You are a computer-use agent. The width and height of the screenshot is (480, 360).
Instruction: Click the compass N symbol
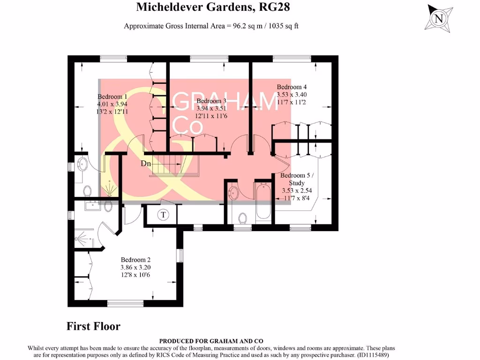(439, 19)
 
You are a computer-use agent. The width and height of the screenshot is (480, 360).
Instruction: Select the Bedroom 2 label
(135, 260)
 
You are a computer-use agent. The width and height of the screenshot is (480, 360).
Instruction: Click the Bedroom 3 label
(211, 101)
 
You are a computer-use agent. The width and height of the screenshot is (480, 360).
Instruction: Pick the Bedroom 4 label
(292, 87)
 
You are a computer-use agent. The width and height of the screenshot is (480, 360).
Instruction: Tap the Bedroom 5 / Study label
(296, 179)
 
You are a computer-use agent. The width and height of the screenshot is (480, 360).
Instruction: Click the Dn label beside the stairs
(146, 164)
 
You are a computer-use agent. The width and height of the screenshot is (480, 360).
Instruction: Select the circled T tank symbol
(163, 215)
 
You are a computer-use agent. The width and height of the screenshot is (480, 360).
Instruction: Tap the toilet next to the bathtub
(243, 218)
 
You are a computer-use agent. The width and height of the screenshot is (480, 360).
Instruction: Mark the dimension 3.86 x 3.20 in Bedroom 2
(135, 267)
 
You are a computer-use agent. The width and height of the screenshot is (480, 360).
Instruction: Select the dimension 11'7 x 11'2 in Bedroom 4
(292, 102)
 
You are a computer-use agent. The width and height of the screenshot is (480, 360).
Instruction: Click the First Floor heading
(93, 326)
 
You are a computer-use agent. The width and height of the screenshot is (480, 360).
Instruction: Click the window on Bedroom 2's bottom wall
(126, 304)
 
